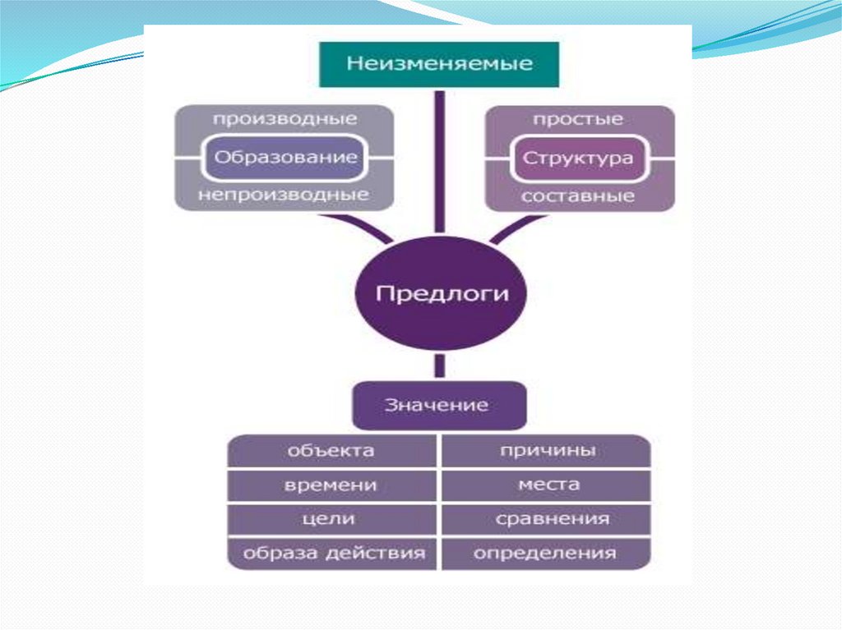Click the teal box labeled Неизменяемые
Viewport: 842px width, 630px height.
point(438,64)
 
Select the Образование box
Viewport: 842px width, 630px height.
point(285,157)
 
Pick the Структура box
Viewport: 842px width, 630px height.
point(578,158)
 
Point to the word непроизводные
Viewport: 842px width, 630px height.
point(285,195)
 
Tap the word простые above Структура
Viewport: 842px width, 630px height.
point(578,120)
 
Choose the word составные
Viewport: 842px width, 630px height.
point(578,195)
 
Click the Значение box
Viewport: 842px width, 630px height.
point(439,404)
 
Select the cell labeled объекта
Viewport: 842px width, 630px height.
point(331,451)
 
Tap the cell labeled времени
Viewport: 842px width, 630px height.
point(331,485)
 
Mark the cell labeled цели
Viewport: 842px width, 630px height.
point(331,519)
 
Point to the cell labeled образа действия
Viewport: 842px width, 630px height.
point(331,553)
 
